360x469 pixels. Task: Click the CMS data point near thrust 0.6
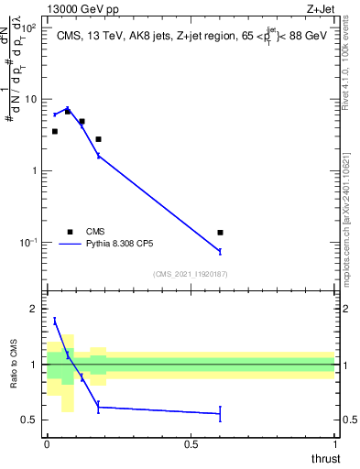pyautogui.click(x=220, y=233)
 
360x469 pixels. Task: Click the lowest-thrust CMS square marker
pyautogui.click(x=55, y=132)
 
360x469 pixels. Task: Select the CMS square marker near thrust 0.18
pyautogui.click(x=98, y=139)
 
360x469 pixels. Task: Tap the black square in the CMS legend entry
pyautogui.click(x=70, y=232)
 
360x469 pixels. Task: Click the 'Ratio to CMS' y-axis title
pyautogui.click(x=14, y=365)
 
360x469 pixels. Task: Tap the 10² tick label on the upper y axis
pyautogui.click(x=29, y=28)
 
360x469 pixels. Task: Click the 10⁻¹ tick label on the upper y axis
pyautogui.click(x=29, y=242)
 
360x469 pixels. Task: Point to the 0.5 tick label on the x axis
pyautogui.click(x=191, y=444)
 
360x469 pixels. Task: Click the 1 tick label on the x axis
pyautogui.click(x=334, y=444)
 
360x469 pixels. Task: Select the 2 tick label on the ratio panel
pyautogui.click(x=34, y=310)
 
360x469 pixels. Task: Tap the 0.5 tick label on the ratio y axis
pyautogui.click(x=30, y=420)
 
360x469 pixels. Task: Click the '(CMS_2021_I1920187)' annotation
pyautogui.click(x=190, y=274)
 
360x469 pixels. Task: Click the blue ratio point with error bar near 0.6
pyautogui.click(x=220, y=414)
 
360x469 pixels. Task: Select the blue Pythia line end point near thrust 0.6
pyautogui.click(x=220, y=251)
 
